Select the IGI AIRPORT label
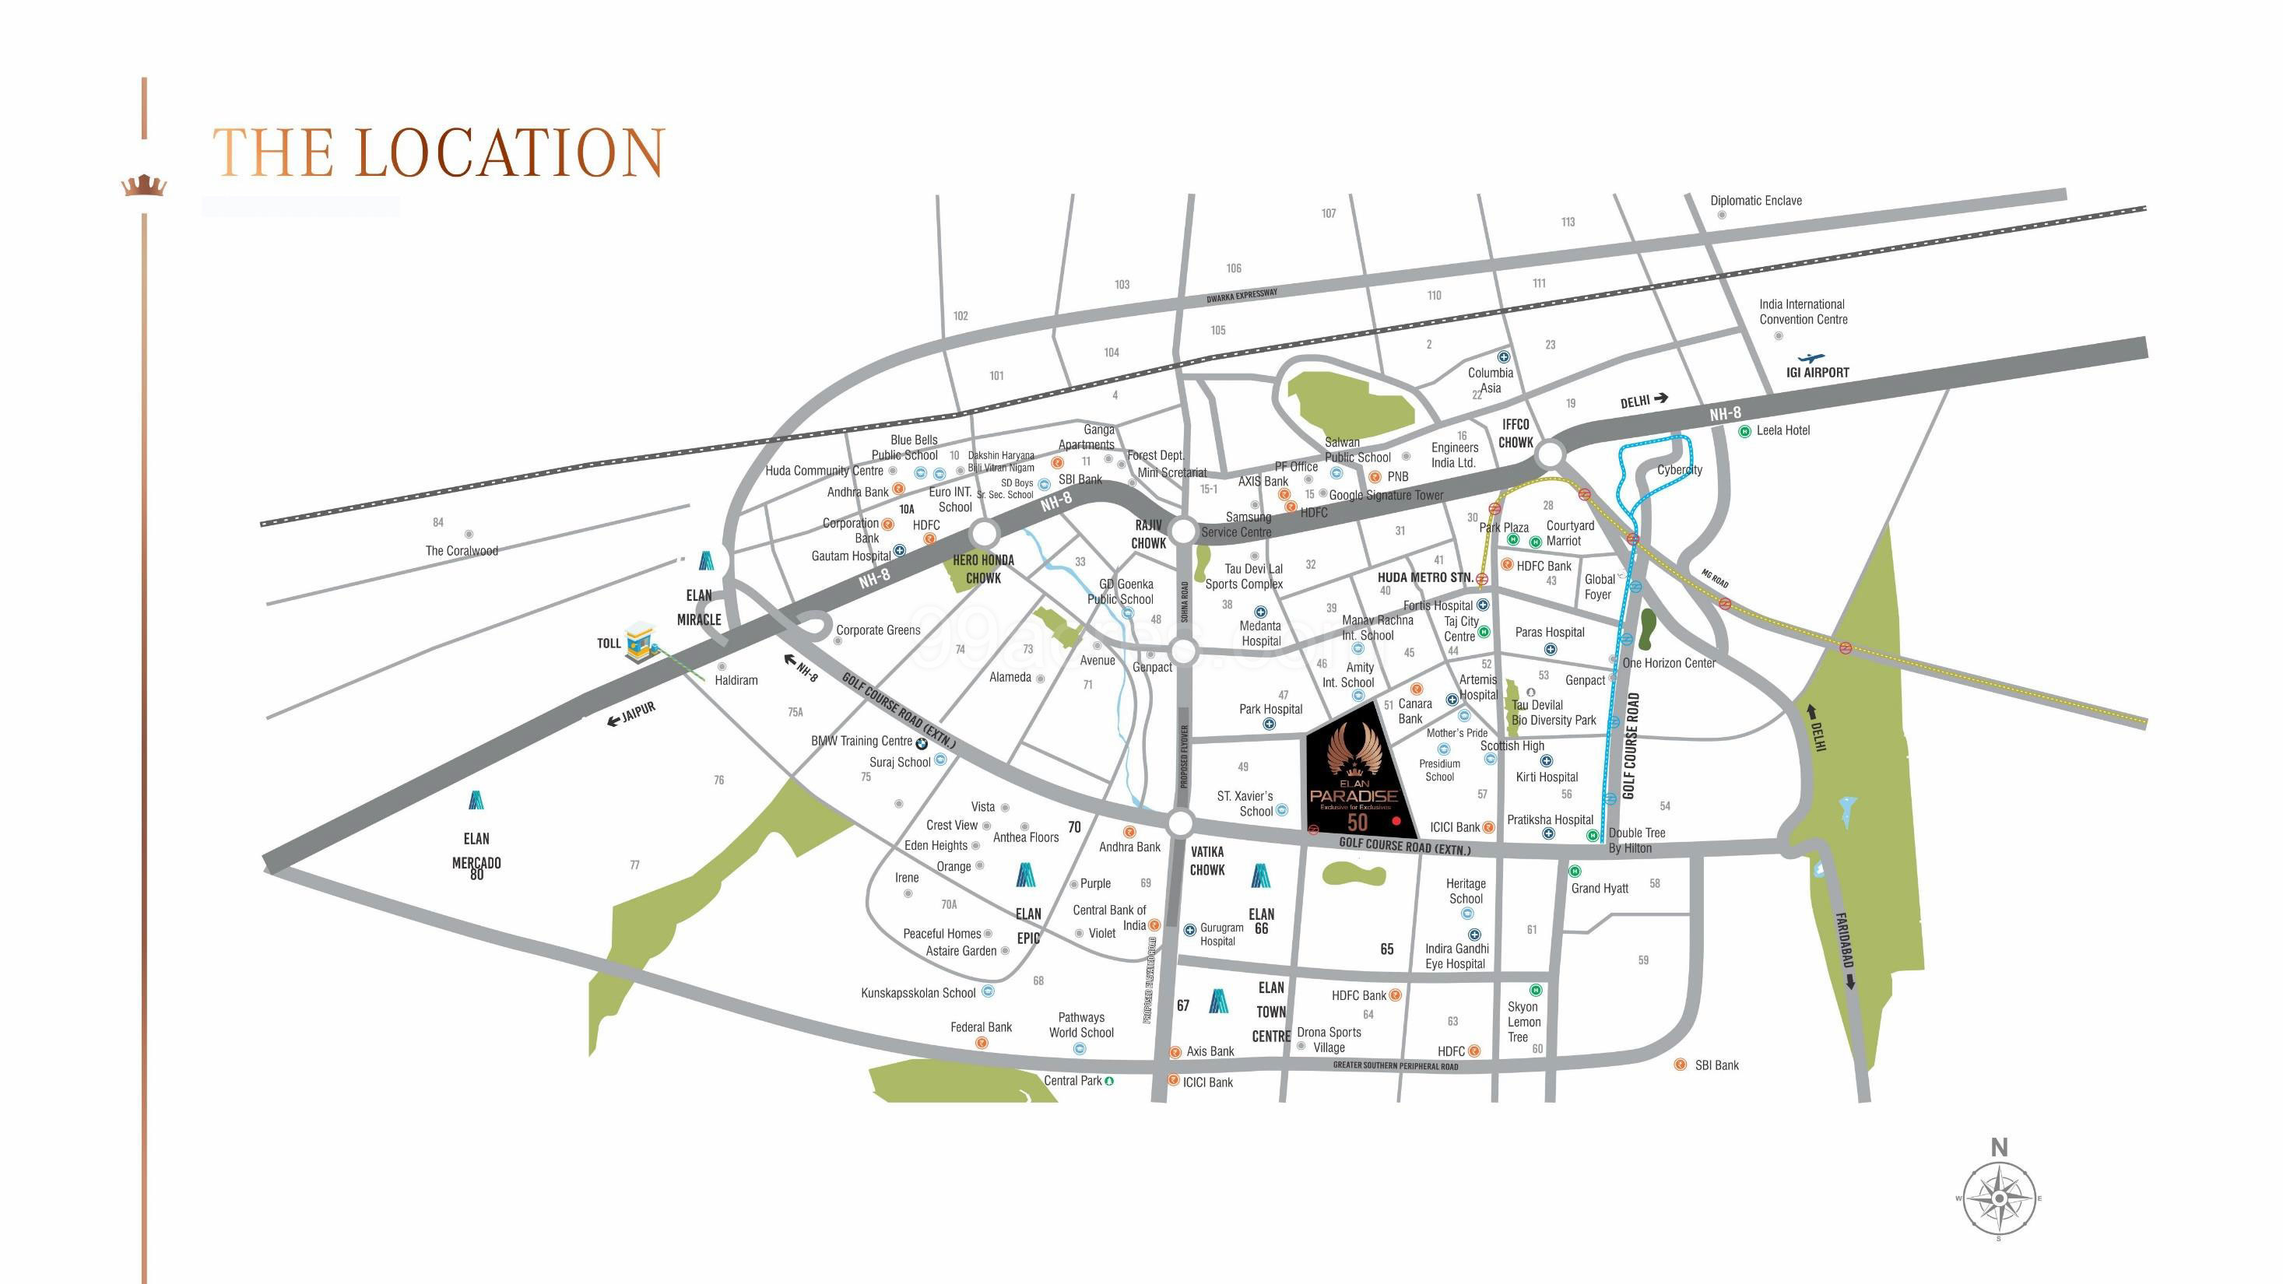click(x=1817, y=373)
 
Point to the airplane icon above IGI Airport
click(x=1818, y=357)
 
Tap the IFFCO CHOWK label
click(x=1516, y=433)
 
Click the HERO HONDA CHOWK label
click(x=983, y=569)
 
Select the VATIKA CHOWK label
click(x=1207, y=861)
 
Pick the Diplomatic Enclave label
click(x=1756, y=201)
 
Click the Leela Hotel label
click(x=1782, y=430)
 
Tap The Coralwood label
click(x=462, y=550)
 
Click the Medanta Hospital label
click(x=1260, y=633)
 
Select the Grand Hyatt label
click(x=1600, y=888)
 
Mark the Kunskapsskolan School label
click(x=918, y=992)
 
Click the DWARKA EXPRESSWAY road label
click(x=1242, y=296)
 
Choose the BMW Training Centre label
click(x=862, y=741)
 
